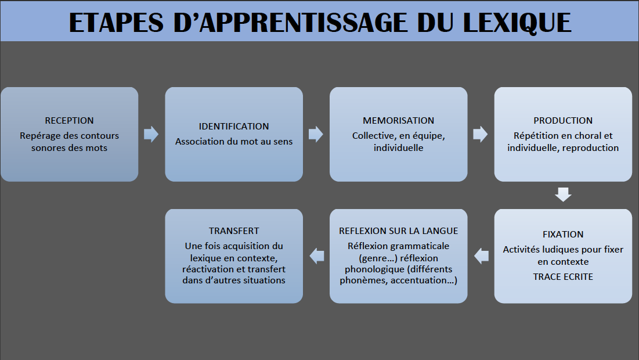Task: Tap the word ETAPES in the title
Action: [116, 23]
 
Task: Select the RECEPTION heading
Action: [69, 121]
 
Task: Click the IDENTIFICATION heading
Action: [234, 127]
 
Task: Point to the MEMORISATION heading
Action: [399, 121]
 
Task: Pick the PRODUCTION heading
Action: [563, 121]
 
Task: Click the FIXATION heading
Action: [563, 235]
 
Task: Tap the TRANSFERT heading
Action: [234, 231]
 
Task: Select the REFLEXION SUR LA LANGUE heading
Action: [399, 231]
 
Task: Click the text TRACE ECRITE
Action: [563, 277]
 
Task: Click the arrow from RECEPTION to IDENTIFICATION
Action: [151, 134]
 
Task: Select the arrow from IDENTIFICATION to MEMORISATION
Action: [316, 134]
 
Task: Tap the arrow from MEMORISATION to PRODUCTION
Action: [481, 134]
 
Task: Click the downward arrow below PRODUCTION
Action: [563, 195]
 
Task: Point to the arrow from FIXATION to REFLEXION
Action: [481, 256]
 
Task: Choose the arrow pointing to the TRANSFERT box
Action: [317, 256]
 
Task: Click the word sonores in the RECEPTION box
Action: [47, 148]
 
